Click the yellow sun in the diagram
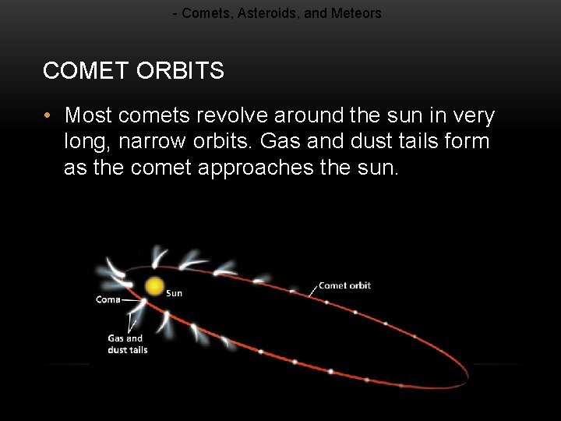[x=155, y=286]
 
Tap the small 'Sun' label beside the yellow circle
[x=175, y=293]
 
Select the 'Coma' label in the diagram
[x=108, y=299]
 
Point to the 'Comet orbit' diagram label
[x=344, y=286]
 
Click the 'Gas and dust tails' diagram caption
[x=127, y=344]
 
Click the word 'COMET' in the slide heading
[x=86, y=71]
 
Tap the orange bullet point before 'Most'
[x=48, y=116]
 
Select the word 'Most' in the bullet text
[x=88, y=116]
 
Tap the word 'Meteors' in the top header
[x=356, y=13]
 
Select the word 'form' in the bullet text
[x=466, y=142]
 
